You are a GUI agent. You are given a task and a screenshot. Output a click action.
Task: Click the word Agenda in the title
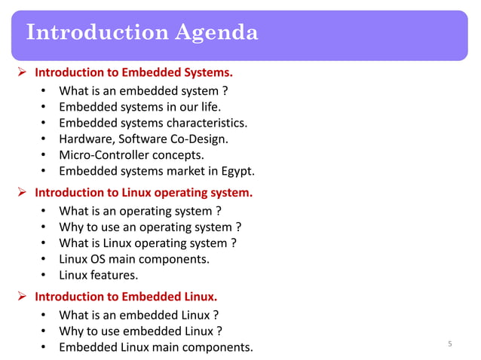[x=216, y=33]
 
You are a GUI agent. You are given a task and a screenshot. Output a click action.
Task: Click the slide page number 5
[x=449, y=344]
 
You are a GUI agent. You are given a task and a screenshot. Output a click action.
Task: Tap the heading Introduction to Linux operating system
[x=144, y=193]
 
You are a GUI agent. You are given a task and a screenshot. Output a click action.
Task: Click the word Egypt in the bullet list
[x=236, y=171]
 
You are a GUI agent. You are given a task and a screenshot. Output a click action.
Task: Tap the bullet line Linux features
[x=98, y=275]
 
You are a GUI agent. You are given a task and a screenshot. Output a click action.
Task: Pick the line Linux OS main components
[x=134, y=259]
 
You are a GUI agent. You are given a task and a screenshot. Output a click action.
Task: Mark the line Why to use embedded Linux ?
[x=140, y=331]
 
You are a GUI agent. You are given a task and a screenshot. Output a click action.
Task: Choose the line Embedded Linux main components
[x=156, y=347]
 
